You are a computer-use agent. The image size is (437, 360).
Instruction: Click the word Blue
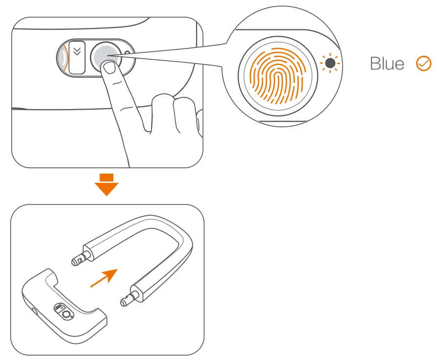(x=387, y=64)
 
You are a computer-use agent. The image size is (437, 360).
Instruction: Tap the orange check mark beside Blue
(x=423, y=64)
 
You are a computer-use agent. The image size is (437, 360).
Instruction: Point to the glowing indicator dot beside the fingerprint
(x=330, y=63)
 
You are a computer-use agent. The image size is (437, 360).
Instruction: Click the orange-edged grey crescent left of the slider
(x=62, y=57)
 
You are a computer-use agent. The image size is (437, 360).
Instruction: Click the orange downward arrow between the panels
(x=106, y=184)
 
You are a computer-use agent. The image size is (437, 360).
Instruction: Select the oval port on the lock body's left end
(x=34, y=311)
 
